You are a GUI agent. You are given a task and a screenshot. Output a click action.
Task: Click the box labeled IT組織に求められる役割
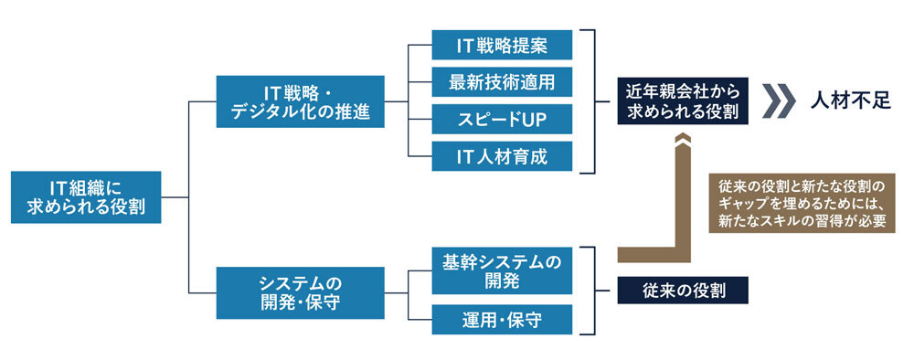coord(88,197)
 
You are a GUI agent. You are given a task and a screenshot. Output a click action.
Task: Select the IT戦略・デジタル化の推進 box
coord(300,102)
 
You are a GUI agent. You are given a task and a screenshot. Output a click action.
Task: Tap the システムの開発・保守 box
coord(300,292)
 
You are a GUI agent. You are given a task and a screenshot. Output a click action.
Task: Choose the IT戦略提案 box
coord(503,45)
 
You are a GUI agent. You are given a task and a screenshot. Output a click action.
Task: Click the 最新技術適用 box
coord(503,82)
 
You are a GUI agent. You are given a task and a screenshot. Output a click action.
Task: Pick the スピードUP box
coord(503,119)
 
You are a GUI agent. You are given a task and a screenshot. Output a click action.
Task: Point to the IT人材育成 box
coord(503,155)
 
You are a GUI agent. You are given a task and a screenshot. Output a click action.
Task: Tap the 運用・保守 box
coord(503,320)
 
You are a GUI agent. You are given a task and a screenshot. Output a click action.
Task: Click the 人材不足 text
coord(850,101)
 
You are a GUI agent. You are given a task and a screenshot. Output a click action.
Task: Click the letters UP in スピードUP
coord(532,119)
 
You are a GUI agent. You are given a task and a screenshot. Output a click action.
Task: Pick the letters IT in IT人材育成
coord(466,155)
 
